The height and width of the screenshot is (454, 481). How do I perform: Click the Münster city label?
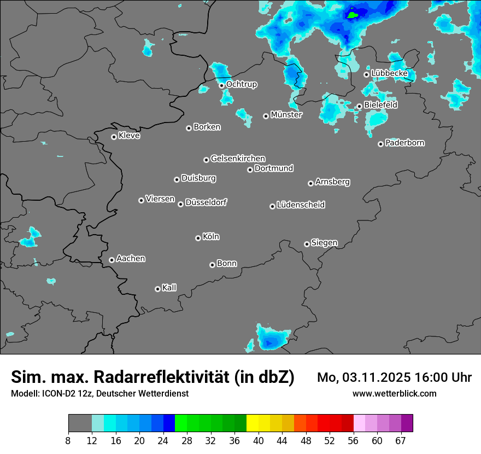pos(286,115)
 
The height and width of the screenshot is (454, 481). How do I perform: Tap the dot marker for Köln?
pos(198,238)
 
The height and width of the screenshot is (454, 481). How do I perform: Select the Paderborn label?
pos(405,143)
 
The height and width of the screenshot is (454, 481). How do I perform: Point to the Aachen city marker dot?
pos(112,260)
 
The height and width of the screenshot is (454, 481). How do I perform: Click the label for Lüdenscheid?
pos(301,205)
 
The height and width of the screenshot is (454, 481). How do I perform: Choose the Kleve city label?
pos(130,136)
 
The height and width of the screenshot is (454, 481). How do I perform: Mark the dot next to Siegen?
pos(307,244)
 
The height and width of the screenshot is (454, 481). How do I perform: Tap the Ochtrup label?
pos(242,84)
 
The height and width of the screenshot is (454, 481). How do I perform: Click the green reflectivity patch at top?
pos(353,15)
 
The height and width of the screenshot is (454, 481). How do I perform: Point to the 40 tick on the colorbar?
pos(258,440)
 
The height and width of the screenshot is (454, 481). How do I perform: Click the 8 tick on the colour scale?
pos(68,440)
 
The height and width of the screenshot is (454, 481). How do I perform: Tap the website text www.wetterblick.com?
pos(395,393)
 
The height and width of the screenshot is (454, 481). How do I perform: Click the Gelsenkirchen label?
pos(238,159)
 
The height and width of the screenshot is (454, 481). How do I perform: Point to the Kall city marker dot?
pos(157,289)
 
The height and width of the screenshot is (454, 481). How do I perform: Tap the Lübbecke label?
pos(389,73)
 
